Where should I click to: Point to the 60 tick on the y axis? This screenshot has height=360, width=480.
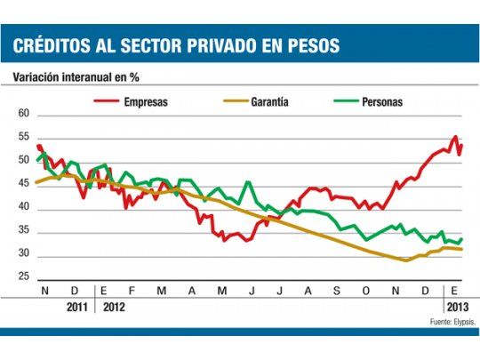24,115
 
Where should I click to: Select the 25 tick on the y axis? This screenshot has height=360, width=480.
24,277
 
